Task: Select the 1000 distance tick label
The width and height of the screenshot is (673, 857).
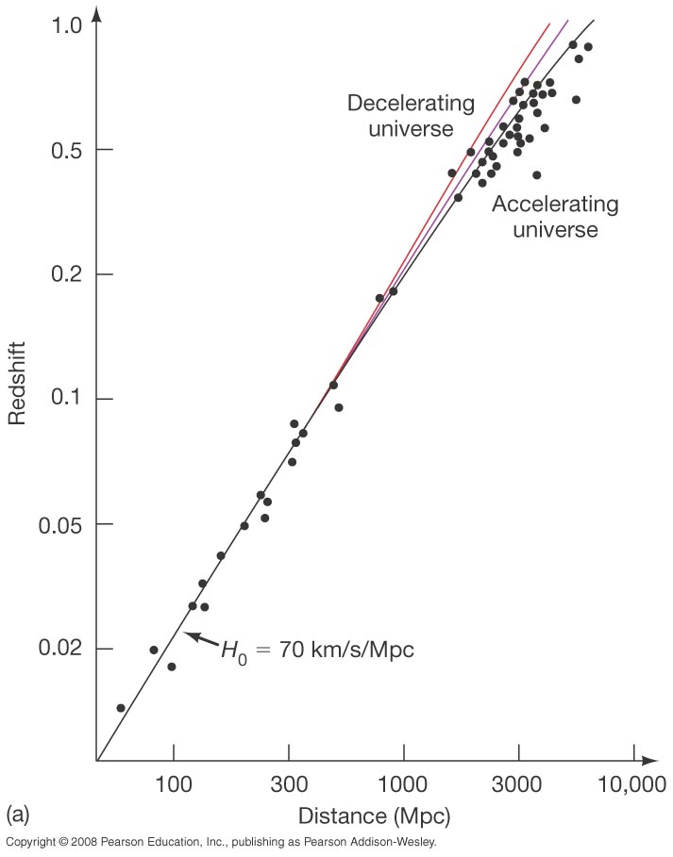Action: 404,784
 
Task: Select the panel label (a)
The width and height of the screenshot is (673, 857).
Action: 19,813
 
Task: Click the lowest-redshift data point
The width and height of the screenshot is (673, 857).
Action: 121,707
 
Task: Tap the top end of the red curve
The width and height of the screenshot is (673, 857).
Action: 549,23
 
